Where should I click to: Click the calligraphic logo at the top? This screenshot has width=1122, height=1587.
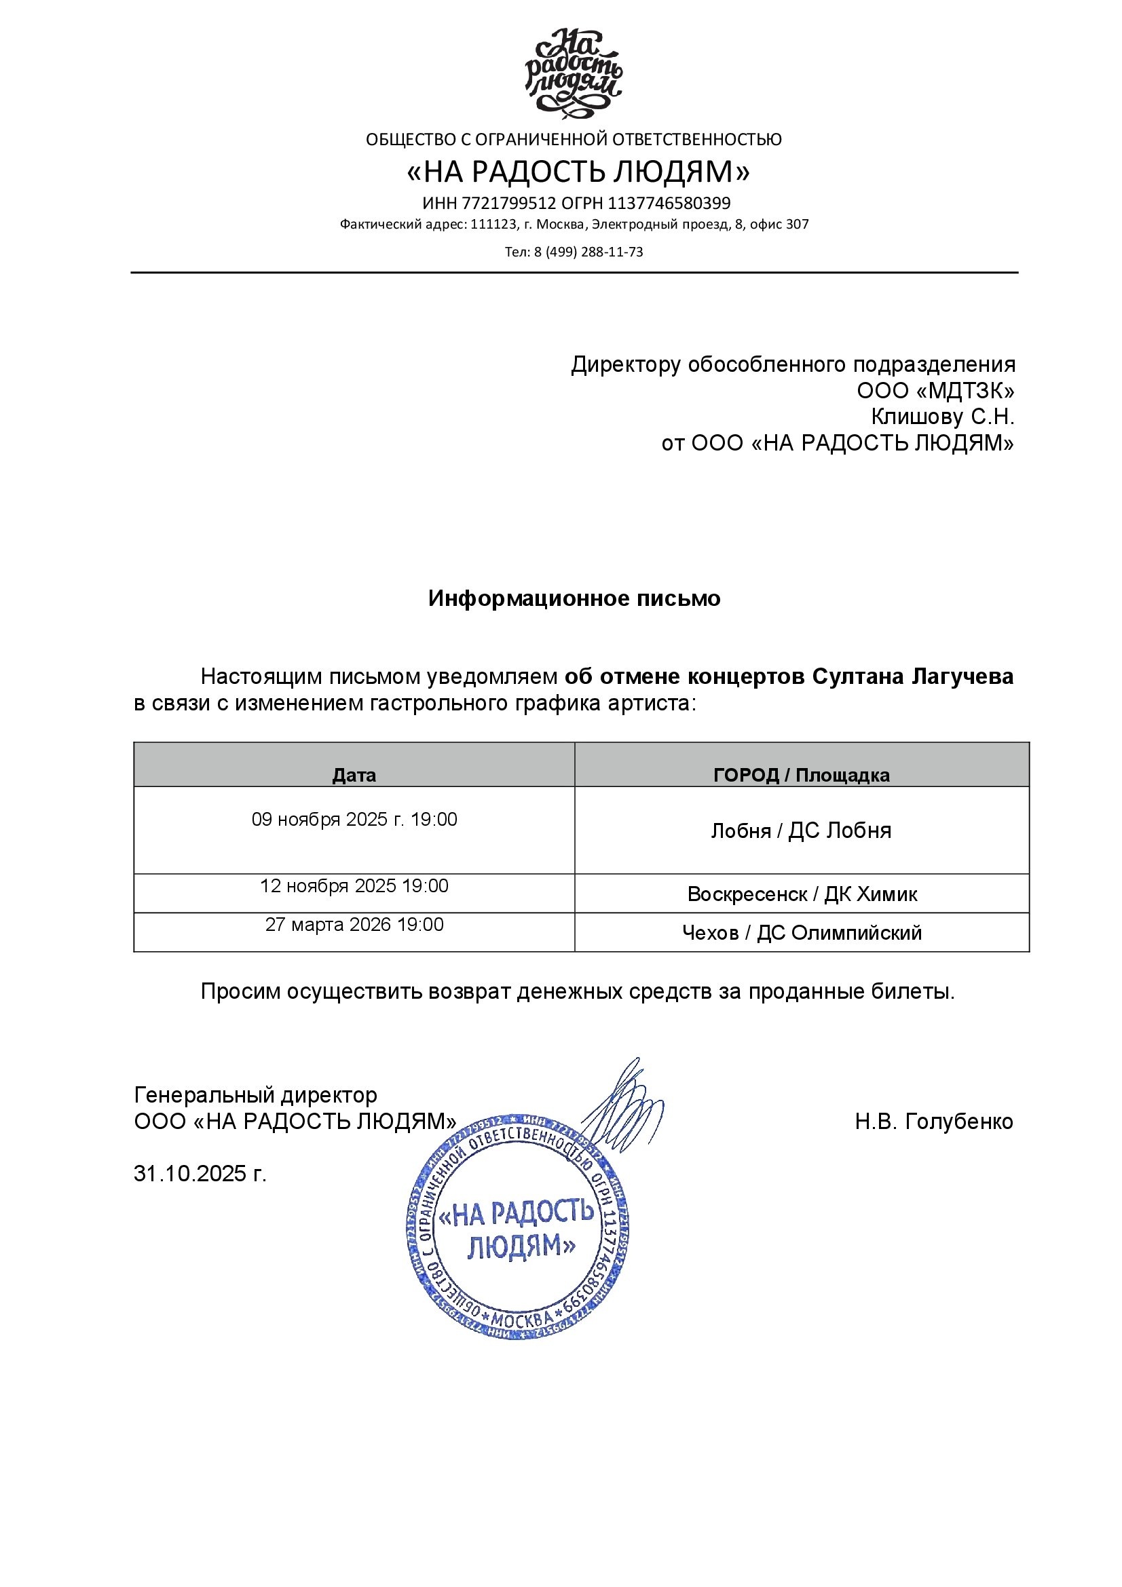coord(573,73)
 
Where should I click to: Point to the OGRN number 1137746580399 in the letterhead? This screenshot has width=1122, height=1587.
coord(669,204)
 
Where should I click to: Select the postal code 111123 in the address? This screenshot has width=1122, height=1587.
coord(493,225)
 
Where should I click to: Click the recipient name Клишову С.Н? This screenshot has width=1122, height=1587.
coord(942,417)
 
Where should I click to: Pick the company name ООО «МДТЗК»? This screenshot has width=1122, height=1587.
coord(935,391)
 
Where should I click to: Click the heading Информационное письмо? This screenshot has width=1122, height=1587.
coord(574,598)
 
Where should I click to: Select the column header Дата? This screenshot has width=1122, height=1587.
coord(354,775)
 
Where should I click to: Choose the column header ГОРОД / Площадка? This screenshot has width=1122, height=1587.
coord(801,775)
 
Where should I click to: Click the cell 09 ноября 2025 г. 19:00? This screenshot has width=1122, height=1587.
coord(354,819)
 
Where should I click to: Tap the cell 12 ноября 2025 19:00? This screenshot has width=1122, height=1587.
coord(354,885)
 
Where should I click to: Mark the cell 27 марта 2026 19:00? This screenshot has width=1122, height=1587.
coord(354,924)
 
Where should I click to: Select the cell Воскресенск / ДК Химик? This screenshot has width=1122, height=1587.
coord(802,894)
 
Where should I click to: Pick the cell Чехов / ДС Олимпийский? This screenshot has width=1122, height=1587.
coord(802,932)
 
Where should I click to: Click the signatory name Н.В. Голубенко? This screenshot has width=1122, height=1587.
coord(933,1121)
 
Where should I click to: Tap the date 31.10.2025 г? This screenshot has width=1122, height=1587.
coord(200,1174)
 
